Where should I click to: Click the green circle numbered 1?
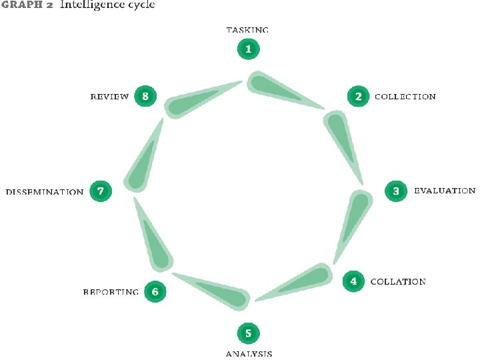[249, 49]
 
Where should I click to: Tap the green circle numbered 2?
[358, 96]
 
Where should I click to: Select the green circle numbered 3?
[396, 191]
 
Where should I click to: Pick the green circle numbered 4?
[353, 281]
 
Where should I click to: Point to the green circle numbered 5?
[248, 333]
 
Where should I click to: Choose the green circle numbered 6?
[155, 291]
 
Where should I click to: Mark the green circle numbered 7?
[100, 191]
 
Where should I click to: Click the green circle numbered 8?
[145, 96]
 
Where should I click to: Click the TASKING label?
[247, 30]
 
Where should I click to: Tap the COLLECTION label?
[405, 97]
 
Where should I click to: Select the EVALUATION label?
[445, 191]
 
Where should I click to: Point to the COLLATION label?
[398, 281]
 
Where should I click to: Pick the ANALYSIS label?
[249, 353]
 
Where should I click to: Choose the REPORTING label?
[111, 291]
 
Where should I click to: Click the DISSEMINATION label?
[45, 192]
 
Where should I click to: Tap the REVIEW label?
[109, 97]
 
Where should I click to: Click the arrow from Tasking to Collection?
[280, 89]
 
